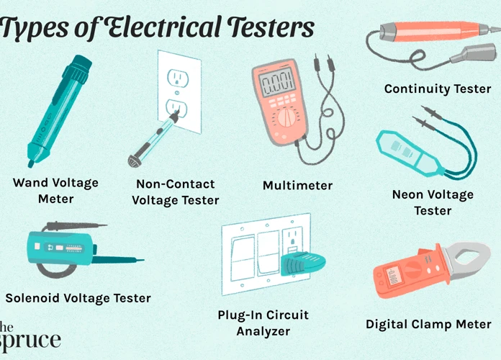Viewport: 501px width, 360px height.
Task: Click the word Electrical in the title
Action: [163, 27]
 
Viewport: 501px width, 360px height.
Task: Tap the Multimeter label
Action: [297, 186]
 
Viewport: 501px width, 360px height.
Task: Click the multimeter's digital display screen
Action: [277, 82]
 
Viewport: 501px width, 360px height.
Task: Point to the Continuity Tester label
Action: [438, 89]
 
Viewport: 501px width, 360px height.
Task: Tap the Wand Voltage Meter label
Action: [56, 191]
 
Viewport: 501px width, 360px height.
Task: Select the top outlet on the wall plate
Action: [178, 78]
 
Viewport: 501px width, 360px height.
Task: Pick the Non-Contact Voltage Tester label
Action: [176, 192]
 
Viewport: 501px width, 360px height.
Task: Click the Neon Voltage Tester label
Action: [433, 202]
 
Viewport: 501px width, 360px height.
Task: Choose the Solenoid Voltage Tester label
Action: [78, 298]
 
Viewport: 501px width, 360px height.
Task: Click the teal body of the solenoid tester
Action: [60, 248]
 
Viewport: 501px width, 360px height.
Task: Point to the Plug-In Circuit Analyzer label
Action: [263, 323]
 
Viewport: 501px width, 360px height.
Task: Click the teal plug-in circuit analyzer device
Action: [302, 264]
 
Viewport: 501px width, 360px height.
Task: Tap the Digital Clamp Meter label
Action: [428, 324]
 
